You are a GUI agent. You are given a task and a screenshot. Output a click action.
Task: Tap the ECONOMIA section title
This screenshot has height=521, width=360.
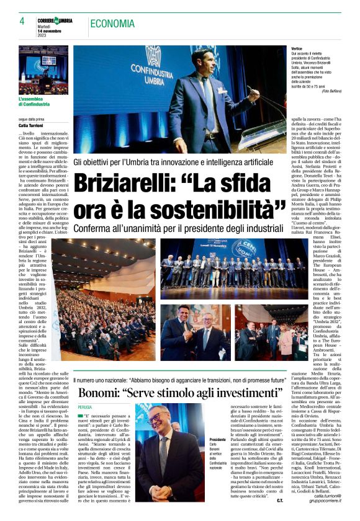[x=112, y=24]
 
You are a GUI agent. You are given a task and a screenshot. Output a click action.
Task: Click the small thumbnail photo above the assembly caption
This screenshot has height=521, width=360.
[x=43, y=69]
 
